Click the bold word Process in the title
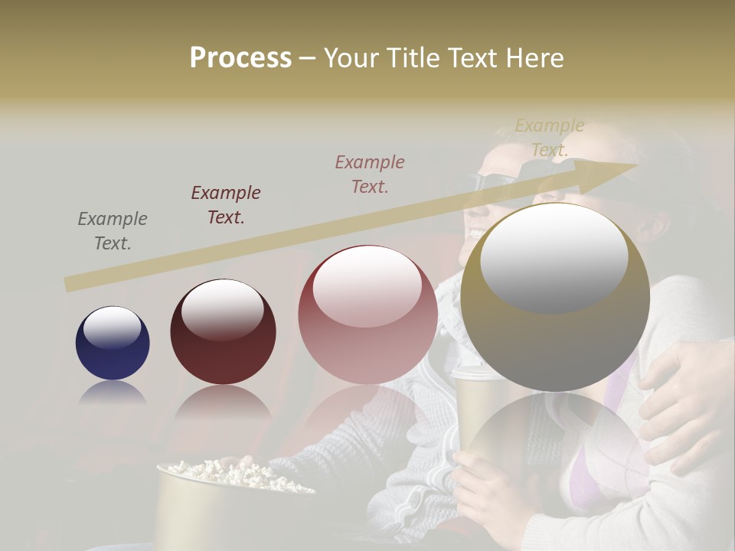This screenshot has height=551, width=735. point(240,57)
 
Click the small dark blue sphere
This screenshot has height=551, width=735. point(113,343)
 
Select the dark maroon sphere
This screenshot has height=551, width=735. point(223,331)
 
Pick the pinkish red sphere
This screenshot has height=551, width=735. point(367,314)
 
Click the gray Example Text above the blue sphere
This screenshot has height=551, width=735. point(113,231)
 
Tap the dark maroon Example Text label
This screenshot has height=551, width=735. point(226,205)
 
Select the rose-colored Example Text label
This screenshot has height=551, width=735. point(370,174)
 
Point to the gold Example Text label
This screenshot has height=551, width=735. point(549,138)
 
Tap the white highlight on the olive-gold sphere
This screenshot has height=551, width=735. point(554,257)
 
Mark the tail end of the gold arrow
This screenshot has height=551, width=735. point(69,285)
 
